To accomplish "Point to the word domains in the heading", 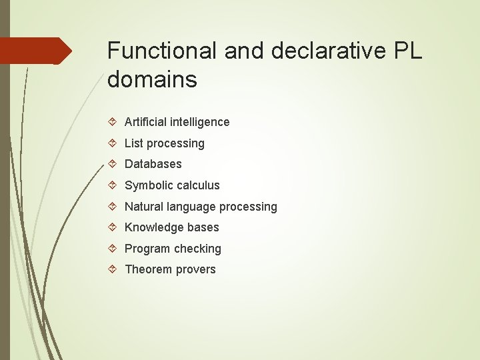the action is pyautogui.click(x=152, y=80).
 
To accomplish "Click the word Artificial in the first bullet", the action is pyautogui.click(x=145, y=122).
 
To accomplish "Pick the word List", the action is pyautogui.click(x=134, y=143).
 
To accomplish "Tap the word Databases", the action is pyautogui.click(x=153, y=164).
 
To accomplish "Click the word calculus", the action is pyautogui.click(x=197, y=185).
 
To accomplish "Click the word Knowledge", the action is pyautogui.click(x=153, y=227).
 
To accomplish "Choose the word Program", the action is pyautogui.click(x=146, y=249).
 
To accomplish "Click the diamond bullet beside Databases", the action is pyautogui.click(x=113, y=164).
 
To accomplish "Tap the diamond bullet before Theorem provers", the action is pyautogui.click(x=113, y=269).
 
